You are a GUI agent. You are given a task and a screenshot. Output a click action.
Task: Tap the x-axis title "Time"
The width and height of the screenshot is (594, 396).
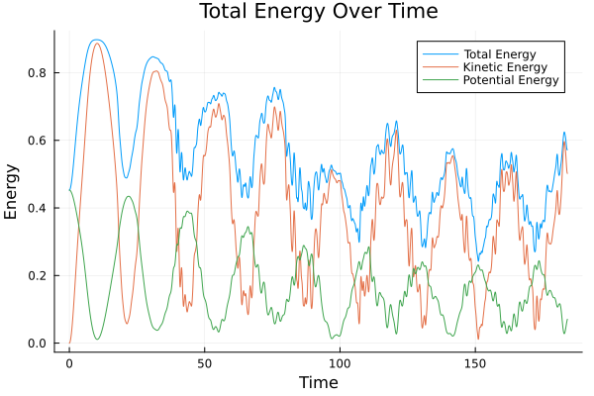pyautogui.click(x=319, y=383)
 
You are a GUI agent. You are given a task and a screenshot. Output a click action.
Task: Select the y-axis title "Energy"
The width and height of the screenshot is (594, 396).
pyautogui.click(x=12, y=190)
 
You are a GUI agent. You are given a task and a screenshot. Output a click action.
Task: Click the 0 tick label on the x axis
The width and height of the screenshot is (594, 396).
pyautogui.click(x=69, y=362)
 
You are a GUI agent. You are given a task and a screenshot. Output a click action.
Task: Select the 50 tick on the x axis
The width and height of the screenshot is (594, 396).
pyautogui.click(x=204, y=362)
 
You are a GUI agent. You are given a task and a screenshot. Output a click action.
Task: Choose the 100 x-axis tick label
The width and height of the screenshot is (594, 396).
pyautogui.click(x=340, y=362)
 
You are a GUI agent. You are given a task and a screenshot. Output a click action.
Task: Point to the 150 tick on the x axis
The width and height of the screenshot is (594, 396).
pyautogui.click(x=474, y=362)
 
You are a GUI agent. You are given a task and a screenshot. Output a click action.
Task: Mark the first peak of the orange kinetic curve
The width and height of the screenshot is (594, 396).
pyautogui.click(x=96, y=43)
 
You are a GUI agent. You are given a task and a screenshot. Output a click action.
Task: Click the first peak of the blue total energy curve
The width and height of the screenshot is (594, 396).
pyautogui.click(x=95, y=40)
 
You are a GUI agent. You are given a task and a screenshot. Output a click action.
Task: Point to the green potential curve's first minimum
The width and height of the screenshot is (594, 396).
pyautogui.click(x=97, y=340)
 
